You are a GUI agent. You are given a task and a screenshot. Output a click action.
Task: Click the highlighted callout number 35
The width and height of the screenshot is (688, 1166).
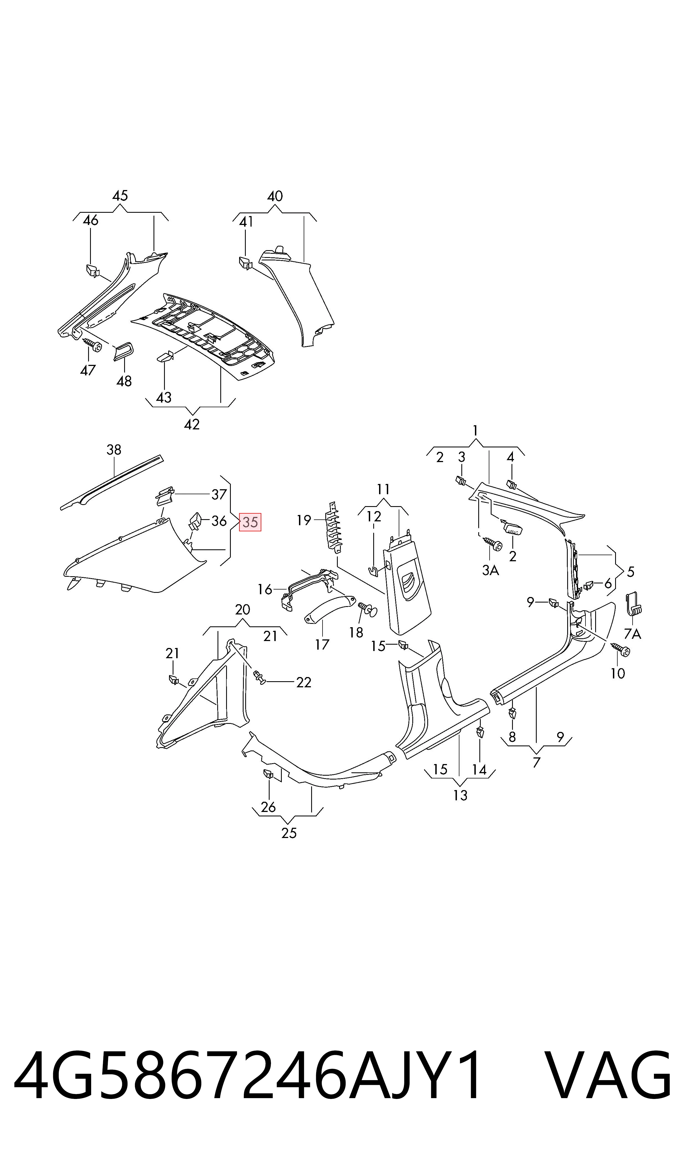250,522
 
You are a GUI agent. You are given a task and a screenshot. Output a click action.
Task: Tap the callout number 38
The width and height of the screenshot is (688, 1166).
114,450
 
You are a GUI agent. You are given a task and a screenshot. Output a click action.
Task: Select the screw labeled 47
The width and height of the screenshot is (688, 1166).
93,345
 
